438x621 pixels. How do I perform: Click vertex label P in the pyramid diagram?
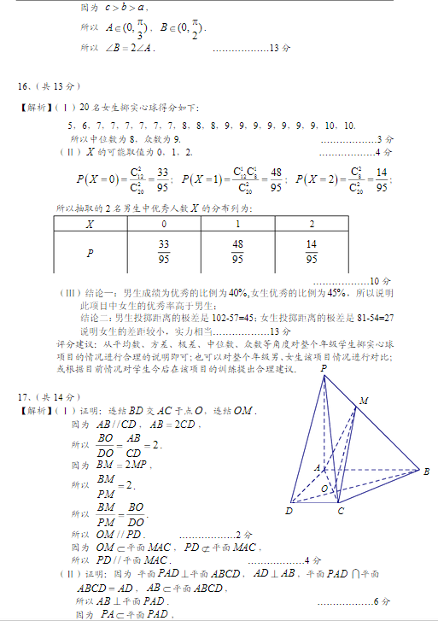point(324,368)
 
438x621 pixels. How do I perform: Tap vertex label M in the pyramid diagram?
point(364,401)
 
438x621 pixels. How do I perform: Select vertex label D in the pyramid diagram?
point(289,511)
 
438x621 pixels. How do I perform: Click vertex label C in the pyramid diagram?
point(340,511)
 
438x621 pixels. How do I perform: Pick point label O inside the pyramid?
point(324,488)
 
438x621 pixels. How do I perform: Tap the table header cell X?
point(90,224)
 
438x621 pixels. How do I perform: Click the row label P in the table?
point(90,253)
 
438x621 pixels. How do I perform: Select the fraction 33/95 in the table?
point(164,253)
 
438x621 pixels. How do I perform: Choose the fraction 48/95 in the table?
point(237,253)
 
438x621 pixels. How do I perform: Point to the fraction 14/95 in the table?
point(311,253)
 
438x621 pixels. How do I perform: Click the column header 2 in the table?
point(311,224)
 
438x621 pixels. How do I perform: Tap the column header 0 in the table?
point(164,224)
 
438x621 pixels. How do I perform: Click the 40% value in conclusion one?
point(238,292)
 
